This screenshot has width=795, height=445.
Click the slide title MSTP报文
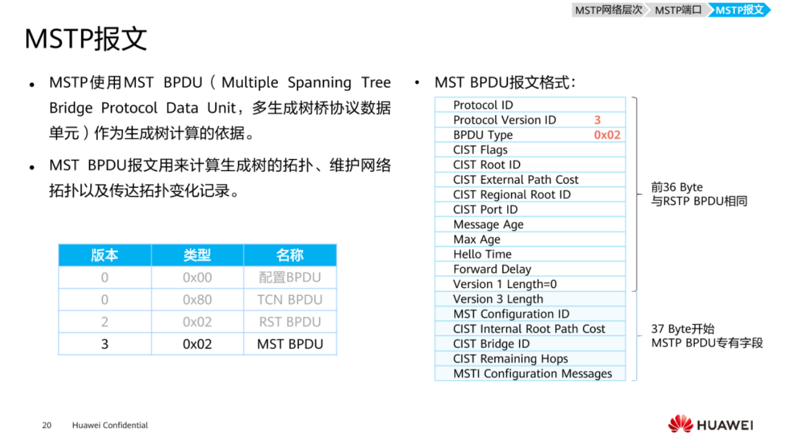pos(86,39)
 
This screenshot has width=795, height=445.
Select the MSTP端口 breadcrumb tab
pos(678,10)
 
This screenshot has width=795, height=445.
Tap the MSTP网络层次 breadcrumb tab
pos(608,10)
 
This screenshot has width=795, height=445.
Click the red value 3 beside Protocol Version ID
pos(597,120)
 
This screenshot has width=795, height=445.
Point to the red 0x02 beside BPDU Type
pos(607,135)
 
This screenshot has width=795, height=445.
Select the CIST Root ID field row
pos(530,164)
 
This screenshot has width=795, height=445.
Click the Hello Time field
pos(530,254)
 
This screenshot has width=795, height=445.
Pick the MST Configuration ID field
pos(530,314)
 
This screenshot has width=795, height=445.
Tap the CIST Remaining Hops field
pos(530,358)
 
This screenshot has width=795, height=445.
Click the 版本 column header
pos(105,255)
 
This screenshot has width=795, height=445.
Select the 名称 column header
pos(290,255)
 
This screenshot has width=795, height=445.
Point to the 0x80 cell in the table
pos(197,300)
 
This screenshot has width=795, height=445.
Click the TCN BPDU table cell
pos(290,300)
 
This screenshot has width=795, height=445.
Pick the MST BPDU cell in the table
pos(290,344)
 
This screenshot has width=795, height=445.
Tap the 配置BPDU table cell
pos(290,278)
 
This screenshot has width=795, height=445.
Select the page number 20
pos(46,425)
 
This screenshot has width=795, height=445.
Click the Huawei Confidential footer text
pos(110,425)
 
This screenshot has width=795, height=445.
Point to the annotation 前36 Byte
pos(677,187)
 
